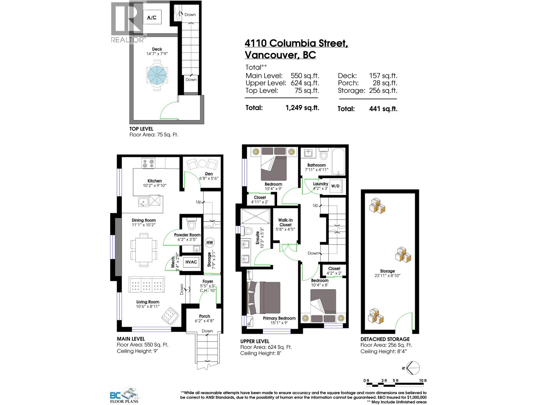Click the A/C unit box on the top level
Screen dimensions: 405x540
pyautogui.click(x=152, y=17)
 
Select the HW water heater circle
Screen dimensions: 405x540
pyautogui.click(x=210, y=242)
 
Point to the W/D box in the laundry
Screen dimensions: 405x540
pyautogui.click(x=335, y=186)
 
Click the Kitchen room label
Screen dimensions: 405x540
pyautogui.click(x=155, y=181)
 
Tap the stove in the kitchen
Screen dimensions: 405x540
pyautogui.click(x=148, y=163)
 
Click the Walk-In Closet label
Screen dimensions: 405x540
pyautogui.click(x=286, y=222)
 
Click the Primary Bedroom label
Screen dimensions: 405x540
pyautogui.click(x=279, y=318)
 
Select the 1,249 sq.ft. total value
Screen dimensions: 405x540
pyautogui.click(x=302, y=108)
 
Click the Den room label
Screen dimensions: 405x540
pyautogui.click(x=209, y=173)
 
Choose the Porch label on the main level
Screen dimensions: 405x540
pyautogui.click(x=205, y=316)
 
